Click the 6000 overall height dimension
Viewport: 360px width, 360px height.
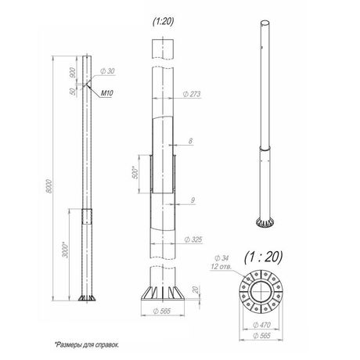tap(49, 186)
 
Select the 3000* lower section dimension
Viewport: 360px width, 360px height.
tap(66, 250)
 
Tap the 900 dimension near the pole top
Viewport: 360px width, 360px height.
tap(73, 73)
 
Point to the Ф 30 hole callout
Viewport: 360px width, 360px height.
tap(107, 71)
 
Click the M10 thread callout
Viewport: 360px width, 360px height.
tap(106, 93)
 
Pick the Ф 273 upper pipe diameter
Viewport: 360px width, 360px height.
tap(192, 94)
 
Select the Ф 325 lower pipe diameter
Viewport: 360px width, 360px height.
tap(193, 239)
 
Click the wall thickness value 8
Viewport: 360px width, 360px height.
tap(191, 141)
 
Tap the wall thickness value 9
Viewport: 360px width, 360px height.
tap(193, 200)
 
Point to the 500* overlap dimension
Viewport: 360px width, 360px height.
tap(135, 172)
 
